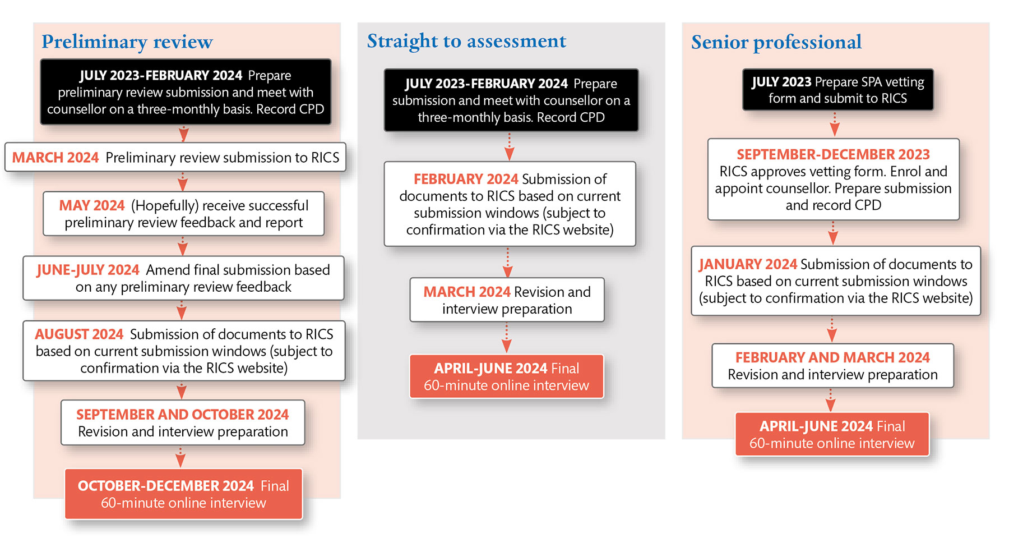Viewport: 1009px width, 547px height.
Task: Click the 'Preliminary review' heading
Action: click(x=127, y=42)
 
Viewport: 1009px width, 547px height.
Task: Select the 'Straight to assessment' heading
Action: click(x=466, y=42)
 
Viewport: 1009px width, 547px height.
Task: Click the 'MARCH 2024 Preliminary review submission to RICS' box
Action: click(x=175, y=158)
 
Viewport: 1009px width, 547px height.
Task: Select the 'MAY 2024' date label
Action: click(x=92, y=206)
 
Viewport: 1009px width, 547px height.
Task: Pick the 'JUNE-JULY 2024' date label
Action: click(x=88, y=270)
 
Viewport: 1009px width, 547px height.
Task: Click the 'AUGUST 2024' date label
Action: click(x=79, y=334)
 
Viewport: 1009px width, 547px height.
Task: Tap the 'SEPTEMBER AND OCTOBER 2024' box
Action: click(x=183, y=423)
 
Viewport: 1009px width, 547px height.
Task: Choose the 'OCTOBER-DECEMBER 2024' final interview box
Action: click(x=183, y=494)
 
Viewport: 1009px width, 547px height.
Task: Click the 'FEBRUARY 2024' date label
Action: click(x=466, y=179)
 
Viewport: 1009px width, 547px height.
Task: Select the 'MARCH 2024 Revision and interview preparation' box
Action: click(x=507, y=300)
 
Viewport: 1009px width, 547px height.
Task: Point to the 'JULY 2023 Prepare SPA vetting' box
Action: click(x=837, y=90)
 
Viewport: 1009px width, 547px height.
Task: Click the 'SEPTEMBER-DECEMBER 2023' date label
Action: click(x=833, y=154)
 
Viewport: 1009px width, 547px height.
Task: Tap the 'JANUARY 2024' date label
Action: click(x=748, y=264)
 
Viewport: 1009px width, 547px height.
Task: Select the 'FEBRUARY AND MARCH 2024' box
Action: click(x=832, y=366)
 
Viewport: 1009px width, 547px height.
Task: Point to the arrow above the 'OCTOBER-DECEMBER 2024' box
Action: click(x=180, y=458)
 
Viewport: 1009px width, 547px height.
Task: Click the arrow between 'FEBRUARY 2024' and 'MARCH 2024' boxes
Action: click(x=508, y=263)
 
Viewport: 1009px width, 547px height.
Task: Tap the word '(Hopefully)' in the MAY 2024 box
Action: click(x=164, y=206)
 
